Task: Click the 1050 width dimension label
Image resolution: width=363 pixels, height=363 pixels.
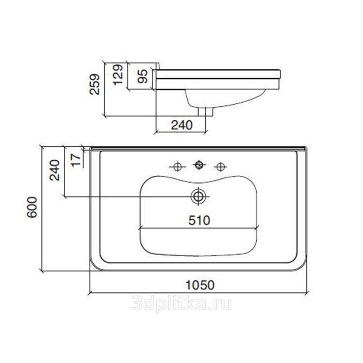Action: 200,285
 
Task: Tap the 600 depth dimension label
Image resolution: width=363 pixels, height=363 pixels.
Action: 32,207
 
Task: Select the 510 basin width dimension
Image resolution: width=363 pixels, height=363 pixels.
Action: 199,220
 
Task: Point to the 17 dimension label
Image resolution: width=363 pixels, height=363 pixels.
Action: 76,160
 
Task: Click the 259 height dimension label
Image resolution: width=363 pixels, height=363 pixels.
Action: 95,84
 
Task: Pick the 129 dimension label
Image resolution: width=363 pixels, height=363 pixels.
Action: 118,75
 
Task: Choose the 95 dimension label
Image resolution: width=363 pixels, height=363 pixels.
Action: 142,76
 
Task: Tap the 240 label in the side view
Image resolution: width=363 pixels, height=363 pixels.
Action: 181,125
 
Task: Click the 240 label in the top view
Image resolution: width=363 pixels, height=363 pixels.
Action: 55,170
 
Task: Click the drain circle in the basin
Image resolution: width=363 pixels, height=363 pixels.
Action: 199,197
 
